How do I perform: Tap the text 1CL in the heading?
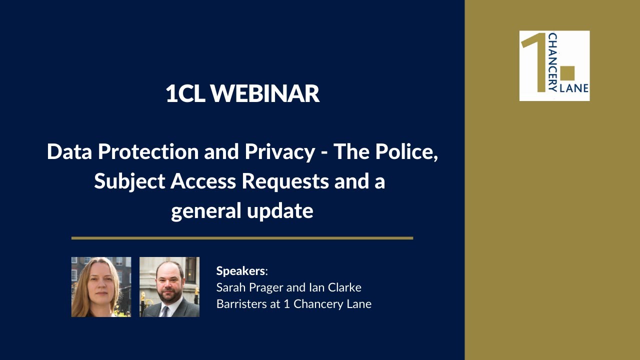pyautogui.click(x=184, y=94)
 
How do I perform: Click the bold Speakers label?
pyautogui.click(x=241, y=271)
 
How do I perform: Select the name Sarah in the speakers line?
pyautogui.click(x=231, y=287)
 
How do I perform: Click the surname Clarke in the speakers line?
pyautogui.click(x=345, y=287)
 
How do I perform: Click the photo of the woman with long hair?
pyautogui.click(x=101, y=287)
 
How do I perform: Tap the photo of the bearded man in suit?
pyautogui.click(x=169, y=287)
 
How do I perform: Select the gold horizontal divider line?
pyautogui.click(x=242, y=238)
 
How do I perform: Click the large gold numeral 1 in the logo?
pyautogui.click(x=537, y=65)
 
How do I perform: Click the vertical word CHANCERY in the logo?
pyautogui.click(x=552, y=62)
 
